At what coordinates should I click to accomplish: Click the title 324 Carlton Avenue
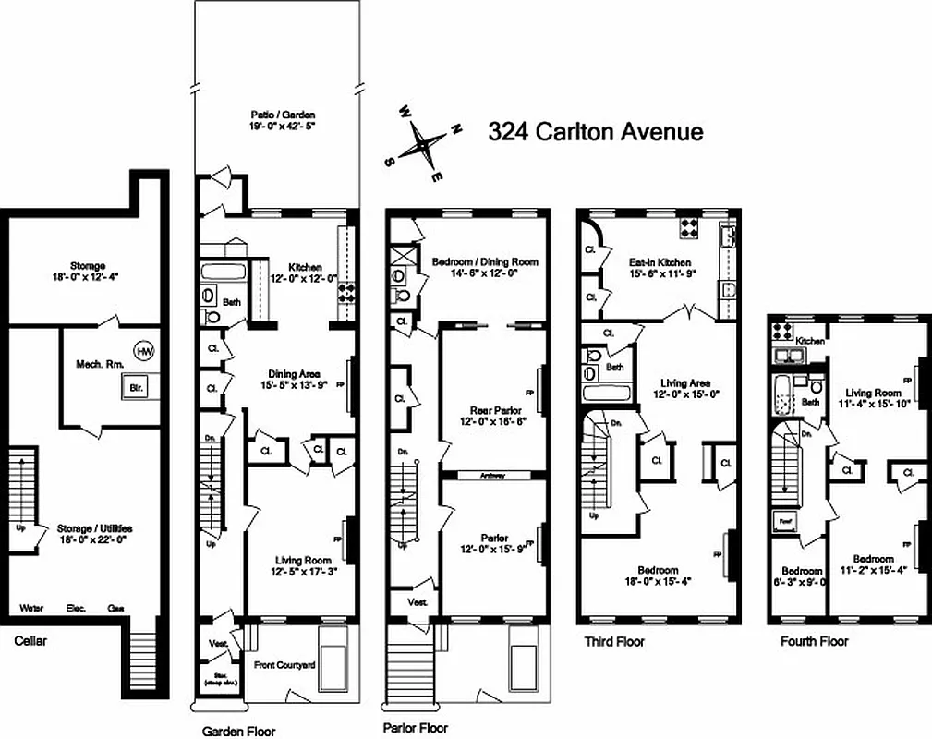pyautogui.click(x=595, y=131)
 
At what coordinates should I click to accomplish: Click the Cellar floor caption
pyautogui.click(x=30, y=639)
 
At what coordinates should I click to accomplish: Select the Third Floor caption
pyautogui.click(x=614, y=641)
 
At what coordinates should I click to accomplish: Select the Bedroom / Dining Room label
pyautogui.click(x=485, y=261)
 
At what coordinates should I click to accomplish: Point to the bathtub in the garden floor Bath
pyautogui.click(x=220, y=273)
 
